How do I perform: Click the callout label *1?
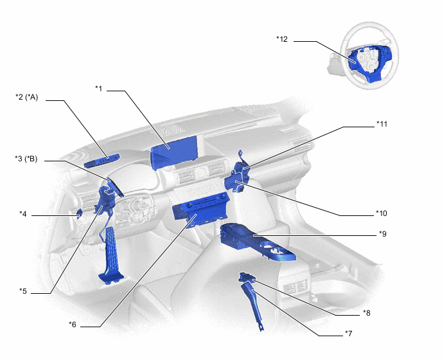tap(98, 88)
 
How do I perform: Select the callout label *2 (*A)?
tap(27, 97)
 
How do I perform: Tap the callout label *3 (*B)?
tap(27, 159)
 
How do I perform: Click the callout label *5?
tap(23, 291)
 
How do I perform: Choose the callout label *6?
tap(73, 325)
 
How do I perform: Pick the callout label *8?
tap(366, 313)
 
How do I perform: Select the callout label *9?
tap(382, 233)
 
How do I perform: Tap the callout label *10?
tap(382, 213)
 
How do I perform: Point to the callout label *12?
tap(282, 39)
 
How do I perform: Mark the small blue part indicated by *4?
tap(78, 213)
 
